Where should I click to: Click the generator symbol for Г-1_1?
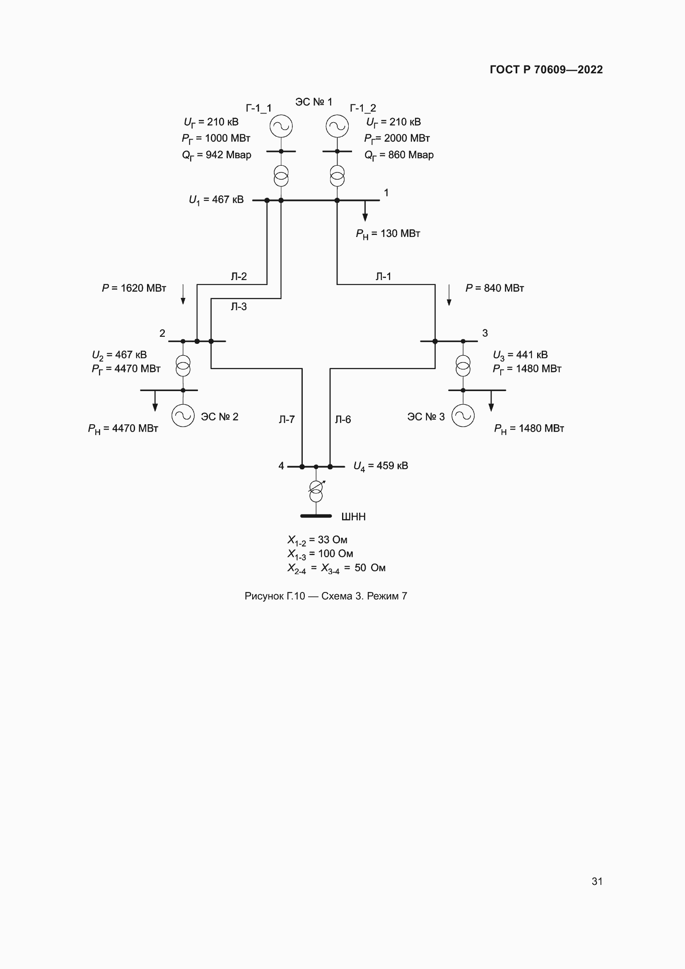(x=281, y=126)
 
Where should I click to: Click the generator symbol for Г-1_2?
(x=337, y=126)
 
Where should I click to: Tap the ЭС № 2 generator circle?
(x=183, y=415)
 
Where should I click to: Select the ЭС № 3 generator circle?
(x=463, y=415)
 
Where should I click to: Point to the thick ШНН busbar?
(x=316, y=516)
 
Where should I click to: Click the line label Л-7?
(x=287, y=419)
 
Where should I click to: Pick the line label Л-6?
(x=342, y=419)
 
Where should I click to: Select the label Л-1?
(x=384, y=276)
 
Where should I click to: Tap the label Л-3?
(x=238, y=307)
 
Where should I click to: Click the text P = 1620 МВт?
(x=134, y=288)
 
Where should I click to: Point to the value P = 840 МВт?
(x=494, y=288)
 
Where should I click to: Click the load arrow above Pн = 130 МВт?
(x=365, y=211)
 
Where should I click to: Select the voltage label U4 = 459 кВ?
(x=381, y=466)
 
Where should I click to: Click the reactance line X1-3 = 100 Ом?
(x=320, y=554)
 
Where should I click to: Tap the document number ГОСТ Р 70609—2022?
(x=546, y=70)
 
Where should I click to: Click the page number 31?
(x=597, y=881)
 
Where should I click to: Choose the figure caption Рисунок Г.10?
(x=326, y=596)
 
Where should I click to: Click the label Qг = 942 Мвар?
(x=216, y=155)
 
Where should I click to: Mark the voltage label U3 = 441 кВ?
(x=520, y=355)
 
